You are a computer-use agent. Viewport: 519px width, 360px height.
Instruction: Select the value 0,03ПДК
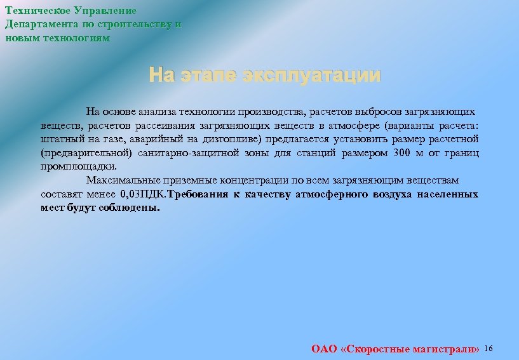[x=143, y=194]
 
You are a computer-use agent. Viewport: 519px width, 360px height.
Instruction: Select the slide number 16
[x=489, y=349]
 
